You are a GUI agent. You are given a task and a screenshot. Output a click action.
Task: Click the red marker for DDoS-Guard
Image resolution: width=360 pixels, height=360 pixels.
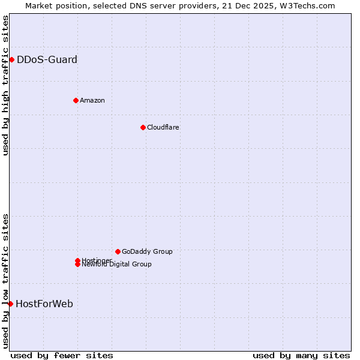point(11,59)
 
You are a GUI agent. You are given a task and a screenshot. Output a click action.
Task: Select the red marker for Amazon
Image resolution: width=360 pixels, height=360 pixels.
point(76,100)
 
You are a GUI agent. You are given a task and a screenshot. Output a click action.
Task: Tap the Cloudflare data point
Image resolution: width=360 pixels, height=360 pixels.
point(143,127)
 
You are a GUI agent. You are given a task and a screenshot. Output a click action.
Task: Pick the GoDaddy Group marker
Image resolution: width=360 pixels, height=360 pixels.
point(118,251)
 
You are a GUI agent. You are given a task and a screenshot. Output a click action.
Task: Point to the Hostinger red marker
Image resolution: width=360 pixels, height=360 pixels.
point(77,260)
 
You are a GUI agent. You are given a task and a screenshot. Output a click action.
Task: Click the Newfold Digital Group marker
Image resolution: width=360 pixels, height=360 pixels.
point(77,265)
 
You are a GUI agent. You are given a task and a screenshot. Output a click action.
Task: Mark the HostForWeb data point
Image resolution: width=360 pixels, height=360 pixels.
point(10,304)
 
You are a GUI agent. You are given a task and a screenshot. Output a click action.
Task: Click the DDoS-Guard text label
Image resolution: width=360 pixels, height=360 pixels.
point(47,59)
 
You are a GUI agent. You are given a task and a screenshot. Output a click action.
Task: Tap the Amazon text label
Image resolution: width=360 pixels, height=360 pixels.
point(92,100)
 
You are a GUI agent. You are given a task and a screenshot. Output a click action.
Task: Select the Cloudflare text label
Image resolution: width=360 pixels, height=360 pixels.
point(163,127)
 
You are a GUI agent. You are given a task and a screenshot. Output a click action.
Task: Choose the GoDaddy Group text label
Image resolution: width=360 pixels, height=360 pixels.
point(147,251)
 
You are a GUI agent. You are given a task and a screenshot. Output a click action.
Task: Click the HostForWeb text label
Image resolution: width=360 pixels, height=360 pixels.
point(44,304)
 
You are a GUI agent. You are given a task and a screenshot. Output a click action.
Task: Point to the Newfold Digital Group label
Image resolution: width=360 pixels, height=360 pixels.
point(117,265)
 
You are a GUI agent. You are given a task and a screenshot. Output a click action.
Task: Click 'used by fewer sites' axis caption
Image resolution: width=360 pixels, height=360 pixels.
point(62,355)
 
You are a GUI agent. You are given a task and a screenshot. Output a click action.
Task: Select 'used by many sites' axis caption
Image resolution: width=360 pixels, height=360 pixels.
point(301,355)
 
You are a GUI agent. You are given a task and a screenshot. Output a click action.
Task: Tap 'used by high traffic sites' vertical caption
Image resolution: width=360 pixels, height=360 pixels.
point(5,85)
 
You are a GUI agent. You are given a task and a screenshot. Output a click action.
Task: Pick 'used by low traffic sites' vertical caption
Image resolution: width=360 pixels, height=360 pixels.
point(5,280)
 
